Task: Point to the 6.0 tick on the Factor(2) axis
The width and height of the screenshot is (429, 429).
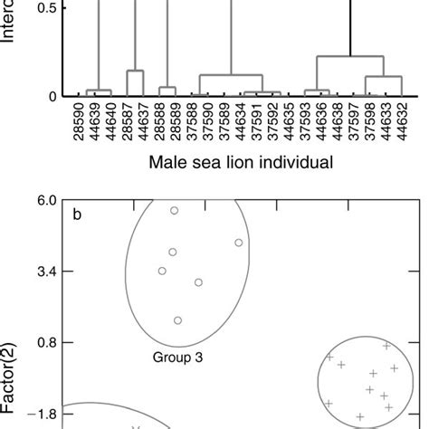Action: coord(45,200)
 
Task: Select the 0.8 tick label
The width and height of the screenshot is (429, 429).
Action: coord(45,343)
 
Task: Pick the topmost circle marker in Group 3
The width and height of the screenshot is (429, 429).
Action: coord(175,210)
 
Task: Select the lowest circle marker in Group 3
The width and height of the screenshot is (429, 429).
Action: coord(178,320)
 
